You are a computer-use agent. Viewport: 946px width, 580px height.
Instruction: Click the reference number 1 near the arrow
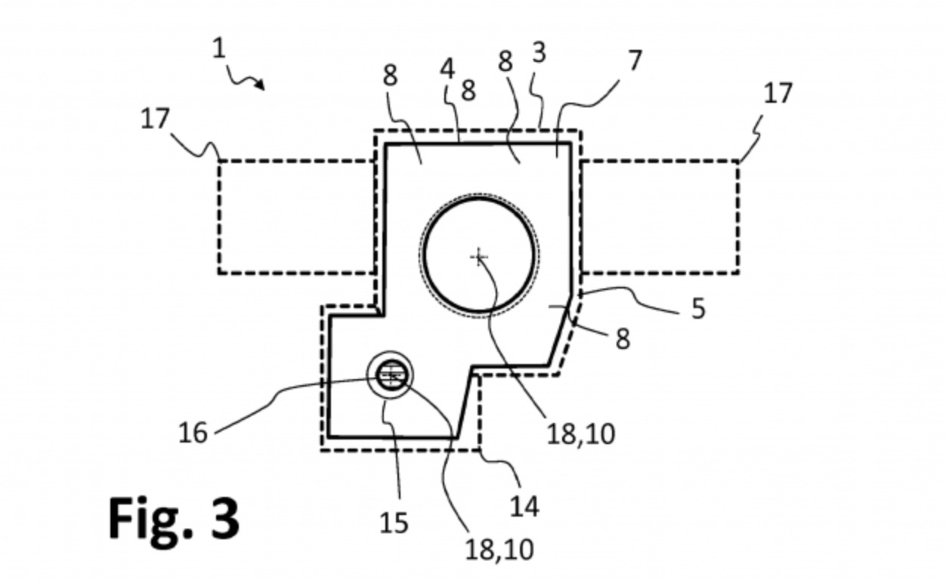coord(219,49)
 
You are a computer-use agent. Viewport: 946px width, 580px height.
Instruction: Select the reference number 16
coord(193,433)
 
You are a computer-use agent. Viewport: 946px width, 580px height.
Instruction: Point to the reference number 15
coord(393,522)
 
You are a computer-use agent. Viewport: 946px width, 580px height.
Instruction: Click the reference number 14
coord(524,505)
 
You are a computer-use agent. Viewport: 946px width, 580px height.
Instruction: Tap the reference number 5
coord(697,308)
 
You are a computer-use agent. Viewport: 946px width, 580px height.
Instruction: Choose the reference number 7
coord(635,60)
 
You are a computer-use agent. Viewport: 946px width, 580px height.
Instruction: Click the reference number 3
coord(539,53)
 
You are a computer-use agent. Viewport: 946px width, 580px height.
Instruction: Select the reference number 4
coord(448,69)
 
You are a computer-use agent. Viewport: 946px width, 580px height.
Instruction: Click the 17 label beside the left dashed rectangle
coord(155,119)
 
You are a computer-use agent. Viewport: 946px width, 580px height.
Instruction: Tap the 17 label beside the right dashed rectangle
coord(778,94)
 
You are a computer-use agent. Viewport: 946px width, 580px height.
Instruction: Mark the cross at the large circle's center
coord(478,258)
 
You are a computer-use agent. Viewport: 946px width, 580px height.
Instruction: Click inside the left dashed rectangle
coord(296,217)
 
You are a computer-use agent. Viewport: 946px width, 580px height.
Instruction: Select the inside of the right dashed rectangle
coord(660,217)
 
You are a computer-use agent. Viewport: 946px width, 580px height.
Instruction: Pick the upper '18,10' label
coord(580,433)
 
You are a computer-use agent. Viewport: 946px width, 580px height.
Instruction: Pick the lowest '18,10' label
coord(499,549)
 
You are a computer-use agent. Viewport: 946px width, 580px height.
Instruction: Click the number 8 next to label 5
coord(622,338)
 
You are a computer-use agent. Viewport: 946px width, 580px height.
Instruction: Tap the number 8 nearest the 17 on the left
coord(390,76)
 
